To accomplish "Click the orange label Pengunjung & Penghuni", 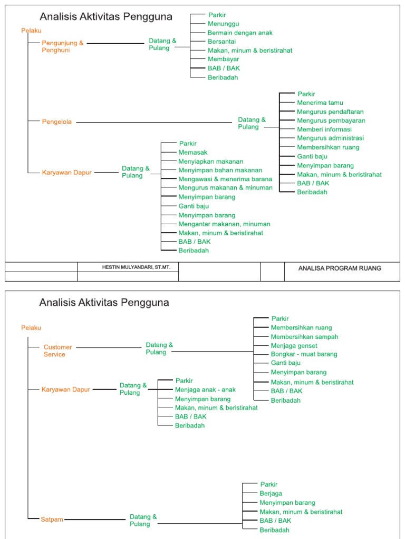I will click(63, 46).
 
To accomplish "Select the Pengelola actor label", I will click(56, 122).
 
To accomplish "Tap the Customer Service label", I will click(57, 351).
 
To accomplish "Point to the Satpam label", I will click(52, 520).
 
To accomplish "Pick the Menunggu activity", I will click(224, 24).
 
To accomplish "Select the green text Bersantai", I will click(221, 42).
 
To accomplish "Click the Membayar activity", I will click(223, 59).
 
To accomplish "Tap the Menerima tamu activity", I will click(320, 103).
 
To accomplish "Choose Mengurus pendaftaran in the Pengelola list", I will click(330, 112).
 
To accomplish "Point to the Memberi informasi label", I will click(324, 129).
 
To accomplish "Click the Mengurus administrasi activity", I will click(330, 138).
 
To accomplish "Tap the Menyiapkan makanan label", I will click(211, 162).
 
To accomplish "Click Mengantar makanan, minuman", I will click(224, 224).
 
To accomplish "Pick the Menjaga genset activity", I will click(294, 346).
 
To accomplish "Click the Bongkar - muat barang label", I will click(304, 355).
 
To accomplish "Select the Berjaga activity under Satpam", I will click(271, 494).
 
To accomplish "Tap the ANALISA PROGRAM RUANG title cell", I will click(340, 268).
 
